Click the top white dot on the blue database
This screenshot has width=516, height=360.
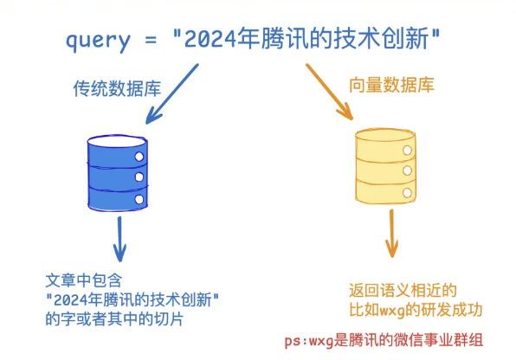pyautogui.click(x=138, y=156)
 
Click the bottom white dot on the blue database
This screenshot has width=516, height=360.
pyautogui.click(x=138, y=200)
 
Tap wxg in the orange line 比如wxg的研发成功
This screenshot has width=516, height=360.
pyautogui.click(x=394, y=309)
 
